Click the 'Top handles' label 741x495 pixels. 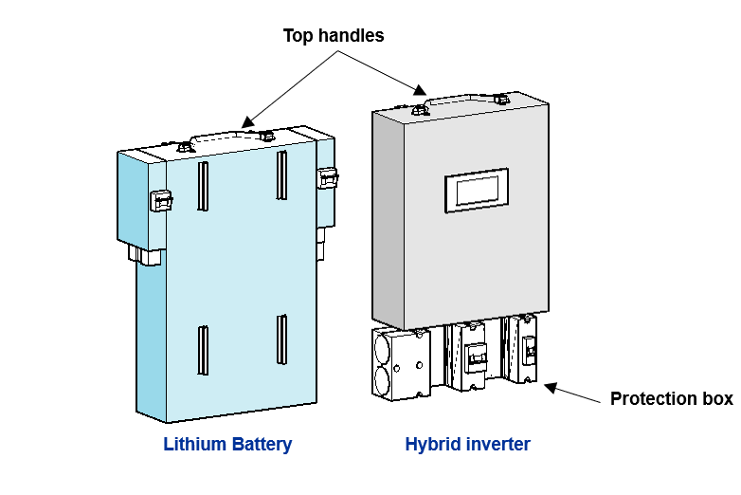[334, 36]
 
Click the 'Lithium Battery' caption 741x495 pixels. [227, 444]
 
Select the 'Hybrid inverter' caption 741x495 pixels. [467, 444]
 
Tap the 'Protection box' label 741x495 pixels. [671, 398]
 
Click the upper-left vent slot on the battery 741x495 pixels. [203, 186]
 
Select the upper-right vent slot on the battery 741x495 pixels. [281, 175]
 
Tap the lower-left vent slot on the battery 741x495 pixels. [203, 349]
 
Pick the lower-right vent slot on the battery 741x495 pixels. [281, 339]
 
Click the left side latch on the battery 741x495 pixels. [160, 200]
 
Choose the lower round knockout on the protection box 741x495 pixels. [383, 382]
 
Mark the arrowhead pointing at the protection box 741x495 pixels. [551, 387]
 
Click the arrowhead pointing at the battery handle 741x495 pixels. [247, 121]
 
